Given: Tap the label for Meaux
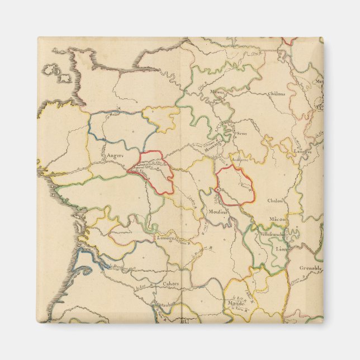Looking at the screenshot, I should click(x=217, y=92).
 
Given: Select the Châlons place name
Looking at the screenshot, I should click(x=276, y=93).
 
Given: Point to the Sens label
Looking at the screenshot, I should click(x=241, y=134).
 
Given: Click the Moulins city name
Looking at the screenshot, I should click(x=218, y=212).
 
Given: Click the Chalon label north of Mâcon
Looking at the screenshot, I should click(x=276, y=200).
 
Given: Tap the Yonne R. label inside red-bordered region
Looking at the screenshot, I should click(x=244, y=184).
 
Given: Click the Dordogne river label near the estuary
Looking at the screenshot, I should click(x=117, y=267).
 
